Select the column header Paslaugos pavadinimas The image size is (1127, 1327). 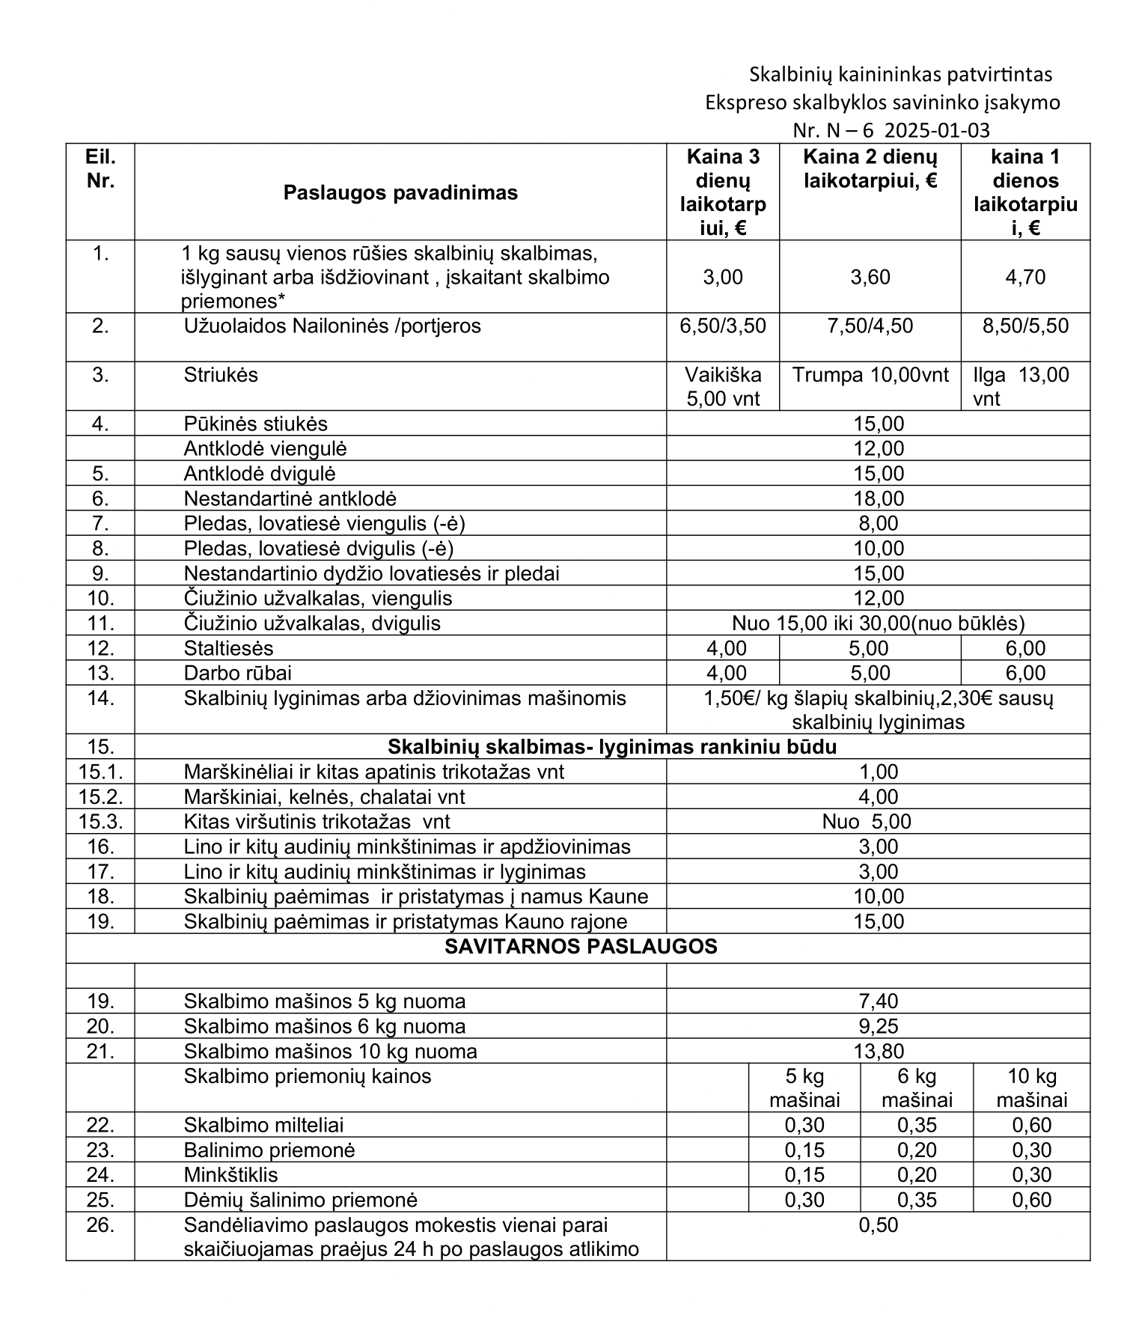tap(400, 192)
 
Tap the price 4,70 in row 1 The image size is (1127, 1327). tap(1025, 278)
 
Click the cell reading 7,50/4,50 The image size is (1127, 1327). tap(870, 326)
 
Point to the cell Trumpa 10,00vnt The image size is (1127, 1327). tap(870, 375)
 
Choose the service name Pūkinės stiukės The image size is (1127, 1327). tap(256, 424)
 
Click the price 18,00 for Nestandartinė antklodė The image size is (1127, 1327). tap(879, 498)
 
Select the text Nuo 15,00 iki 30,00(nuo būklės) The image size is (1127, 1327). tap(879, 623)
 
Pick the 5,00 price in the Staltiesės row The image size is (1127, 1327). tap(870, 648)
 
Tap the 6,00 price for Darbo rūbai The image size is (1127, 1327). tap(1025, 673)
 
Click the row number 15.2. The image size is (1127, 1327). tap(100, 797)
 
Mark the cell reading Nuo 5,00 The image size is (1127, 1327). tap(867, 822)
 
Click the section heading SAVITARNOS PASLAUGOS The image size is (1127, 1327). tap(581, 947)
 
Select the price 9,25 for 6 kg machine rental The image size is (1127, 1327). tap(879, 1026)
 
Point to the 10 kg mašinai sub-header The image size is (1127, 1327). tap(1032, 1088)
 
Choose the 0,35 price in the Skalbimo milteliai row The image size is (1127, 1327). tap(917, 1125)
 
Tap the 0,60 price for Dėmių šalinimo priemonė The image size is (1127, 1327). tap(1032, 1200)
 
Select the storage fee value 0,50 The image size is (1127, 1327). tap(879, 1225)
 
